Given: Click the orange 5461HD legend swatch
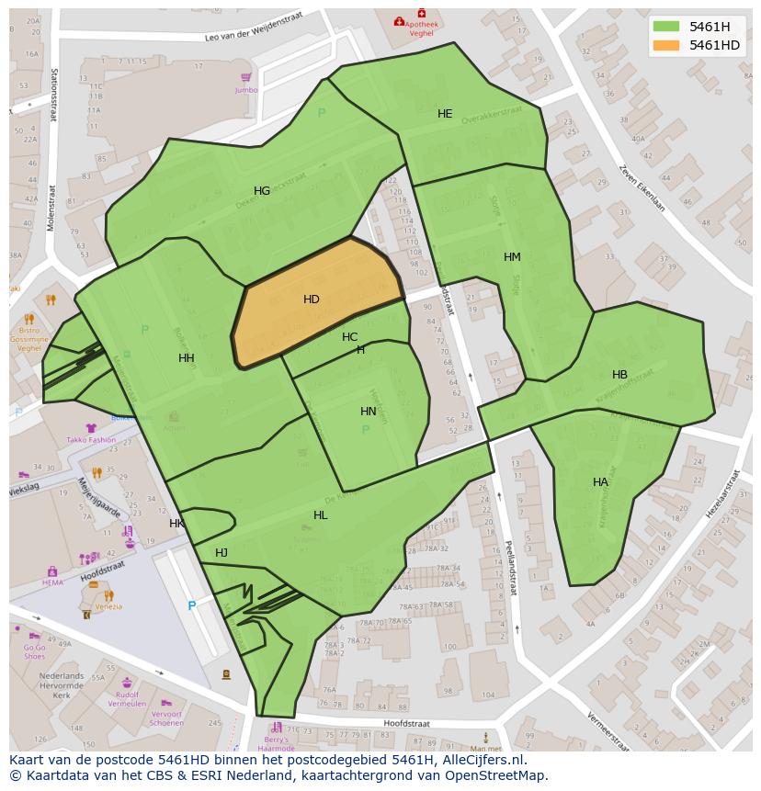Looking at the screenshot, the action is [666, 45].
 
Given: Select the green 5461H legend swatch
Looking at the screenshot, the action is [666, 27].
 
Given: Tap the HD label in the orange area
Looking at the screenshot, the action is [312, 299].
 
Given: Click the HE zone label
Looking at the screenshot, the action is [445, 114].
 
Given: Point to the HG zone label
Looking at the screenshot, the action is [262, 191].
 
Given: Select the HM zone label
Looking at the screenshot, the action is [512, 257].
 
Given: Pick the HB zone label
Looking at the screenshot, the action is [619, 375].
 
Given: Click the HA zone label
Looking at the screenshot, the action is [600, 482].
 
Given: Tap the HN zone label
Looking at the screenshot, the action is [369, 412].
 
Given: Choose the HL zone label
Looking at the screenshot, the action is [320, 515].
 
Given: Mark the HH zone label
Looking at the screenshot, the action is [187, 358].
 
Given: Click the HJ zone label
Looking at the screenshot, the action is [221, 553].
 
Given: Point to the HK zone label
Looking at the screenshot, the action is [176, 524].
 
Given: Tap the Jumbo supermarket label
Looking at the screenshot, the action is [245, 90].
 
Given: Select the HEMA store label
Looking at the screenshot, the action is [53, 582].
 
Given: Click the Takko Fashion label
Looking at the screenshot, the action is [91, 440].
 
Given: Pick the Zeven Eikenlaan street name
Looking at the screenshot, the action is [641, 188].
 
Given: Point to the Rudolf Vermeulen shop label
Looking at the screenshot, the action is [127, 698].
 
